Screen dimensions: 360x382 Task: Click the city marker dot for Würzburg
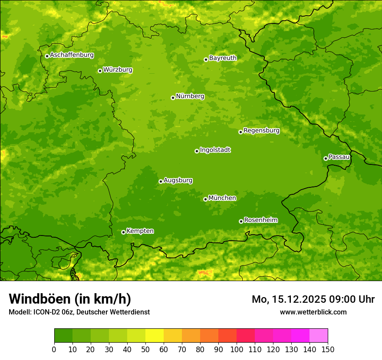(100, 71)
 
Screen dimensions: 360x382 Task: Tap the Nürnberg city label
(190, 96)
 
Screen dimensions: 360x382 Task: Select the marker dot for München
(205, 199)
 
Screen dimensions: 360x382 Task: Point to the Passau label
(339, 157)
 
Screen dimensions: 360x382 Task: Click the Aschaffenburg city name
(72, 55)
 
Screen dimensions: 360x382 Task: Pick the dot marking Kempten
(123, 232)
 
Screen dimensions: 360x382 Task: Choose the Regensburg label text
(261, 131)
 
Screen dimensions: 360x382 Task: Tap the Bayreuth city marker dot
(206, 59)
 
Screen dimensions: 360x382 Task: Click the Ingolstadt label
(215, 150)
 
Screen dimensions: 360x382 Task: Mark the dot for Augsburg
(161, 181)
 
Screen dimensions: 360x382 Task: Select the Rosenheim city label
(260, 220)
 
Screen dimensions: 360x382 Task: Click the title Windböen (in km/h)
(70, 299)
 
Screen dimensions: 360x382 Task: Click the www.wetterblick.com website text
(313, 312)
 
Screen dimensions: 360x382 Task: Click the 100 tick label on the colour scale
(237, 349)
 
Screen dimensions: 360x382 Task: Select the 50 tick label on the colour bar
(145, 349)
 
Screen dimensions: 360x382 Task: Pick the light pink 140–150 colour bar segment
(319, 336)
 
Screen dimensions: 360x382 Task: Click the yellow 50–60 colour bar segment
(155, 336)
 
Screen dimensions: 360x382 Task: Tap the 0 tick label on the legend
(54, 349)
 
